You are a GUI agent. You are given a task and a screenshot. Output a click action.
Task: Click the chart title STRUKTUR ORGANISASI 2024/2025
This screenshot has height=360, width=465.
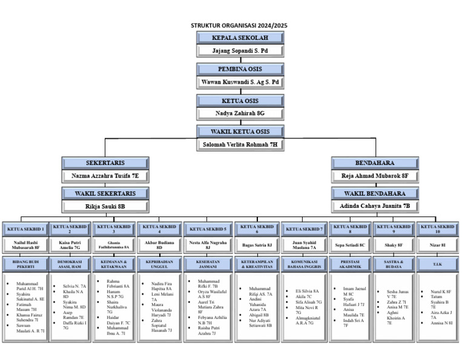(x=239, y=25)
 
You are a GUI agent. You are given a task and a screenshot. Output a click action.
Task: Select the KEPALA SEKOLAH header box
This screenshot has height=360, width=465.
(x=240, y=38)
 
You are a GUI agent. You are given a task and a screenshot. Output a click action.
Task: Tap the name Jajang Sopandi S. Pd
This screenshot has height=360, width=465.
(x=240, y=50)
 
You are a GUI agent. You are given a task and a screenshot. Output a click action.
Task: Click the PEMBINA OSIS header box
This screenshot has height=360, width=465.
(x=240, y=69)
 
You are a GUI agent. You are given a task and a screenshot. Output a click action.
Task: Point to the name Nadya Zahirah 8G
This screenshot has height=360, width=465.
(x=240, y=113)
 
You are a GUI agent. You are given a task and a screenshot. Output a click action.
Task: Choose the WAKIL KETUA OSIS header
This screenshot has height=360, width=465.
(x=240, y=132)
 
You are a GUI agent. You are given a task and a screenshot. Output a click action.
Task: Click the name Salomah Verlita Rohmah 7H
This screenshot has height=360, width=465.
(x=240, y=144)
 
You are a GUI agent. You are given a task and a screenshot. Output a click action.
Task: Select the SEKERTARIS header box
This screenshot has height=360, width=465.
(x=105, y=163)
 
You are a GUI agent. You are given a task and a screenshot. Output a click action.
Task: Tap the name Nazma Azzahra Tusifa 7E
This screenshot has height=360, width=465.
(x=105, y=176)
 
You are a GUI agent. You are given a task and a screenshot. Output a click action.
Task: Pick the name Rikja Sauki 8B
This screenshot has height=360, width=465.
(x=105, y=206)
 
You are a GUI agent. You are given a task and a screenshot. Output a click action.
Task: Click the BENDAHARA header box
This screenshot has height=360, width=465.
(x=375, y=163)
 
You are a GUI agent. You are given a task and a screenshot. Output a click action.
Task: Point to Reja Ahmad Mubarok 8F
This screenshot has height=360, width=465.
(x=375, y=176)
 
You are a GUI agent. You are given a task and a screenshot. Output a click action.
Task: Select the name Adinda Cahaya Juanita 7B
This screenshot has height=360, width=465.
(x=375, y=206)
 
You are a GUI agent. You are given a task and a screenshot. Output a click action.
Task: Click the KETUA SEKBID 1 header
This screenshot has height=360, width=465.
(x=25, y=229)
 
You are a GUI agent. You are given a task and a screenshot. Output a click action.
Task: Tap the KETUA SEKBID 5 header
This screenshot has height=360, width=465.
(x=208, y=229)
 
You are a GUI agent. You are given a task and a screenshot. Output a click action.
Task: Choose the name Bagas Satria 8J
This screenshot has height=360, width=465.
(x=257, y=245)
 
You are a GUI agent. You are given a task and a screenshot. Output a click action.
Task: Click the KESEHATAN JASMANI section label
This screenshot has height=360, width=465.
(x=208, y=264)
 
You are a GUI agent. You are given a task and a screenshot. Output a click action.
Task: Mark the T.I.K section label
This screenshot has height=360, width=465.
(x=437, y=264)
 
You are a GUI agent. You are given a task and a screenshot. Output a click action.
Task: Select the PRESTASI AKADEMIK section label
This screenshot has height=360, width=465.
(x=350, y=264)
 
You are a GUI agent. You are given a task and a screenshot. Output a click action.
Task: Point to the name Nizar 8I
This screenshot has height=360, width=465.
(x=437, y=245)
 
